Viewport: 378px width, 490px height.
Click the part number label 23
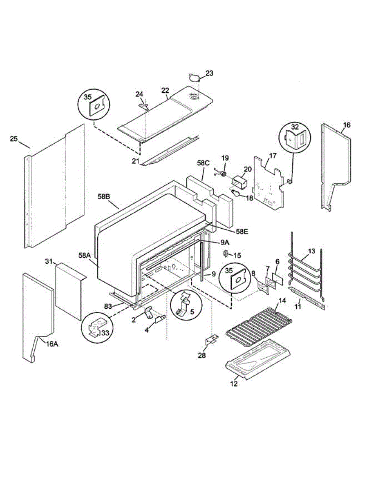[209, 73]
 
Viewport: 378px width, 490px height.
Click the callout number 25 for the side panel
[14, 139]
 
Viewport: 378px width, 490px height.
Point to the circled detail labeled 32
[295, 138]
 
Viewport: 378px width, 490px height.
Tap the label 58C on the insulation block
[203, 164]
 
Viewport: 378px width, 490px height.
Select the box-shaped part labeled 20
[239, 181]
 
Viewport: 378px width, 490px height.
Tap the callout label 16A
[51, 344]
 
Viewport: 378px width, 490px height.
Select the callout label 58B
[105, 196]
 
